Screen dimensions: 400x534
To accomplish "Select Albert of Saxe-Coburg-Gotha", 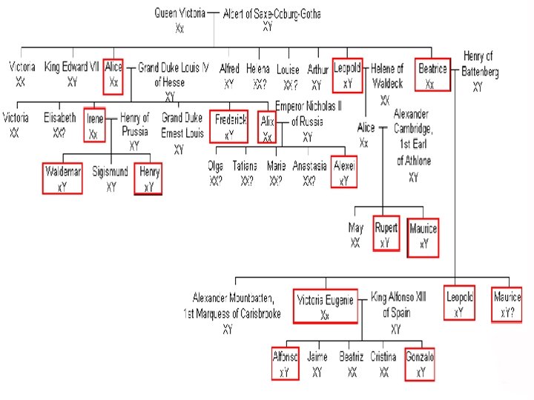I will coord(268,13).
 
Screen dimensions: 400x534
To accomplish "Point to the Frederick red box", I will coord(230,125).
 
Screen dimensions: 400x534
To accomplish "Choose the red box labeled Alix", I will coord(267,125).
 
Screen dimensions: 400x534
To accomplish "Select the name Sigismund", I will coord(111,173).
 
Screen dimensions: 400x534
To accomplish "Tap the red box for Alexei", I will coord(345,172).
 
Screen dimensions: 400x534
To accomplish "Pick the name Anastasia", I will coord(309,167).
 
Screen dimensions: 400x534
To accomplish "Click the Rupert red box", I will coord(386,233).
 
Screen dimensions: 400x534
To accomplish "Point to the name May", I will coord(356,227).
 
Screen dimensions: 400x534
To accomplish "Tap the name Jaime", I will coord(317,358).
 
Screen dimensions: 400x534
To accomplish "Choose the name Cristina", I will coord(383,358).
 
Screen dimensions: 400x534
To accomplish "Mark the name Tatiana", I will coord(245,167).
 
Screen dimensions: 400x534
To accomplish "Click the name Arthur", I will coord(317,69).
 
